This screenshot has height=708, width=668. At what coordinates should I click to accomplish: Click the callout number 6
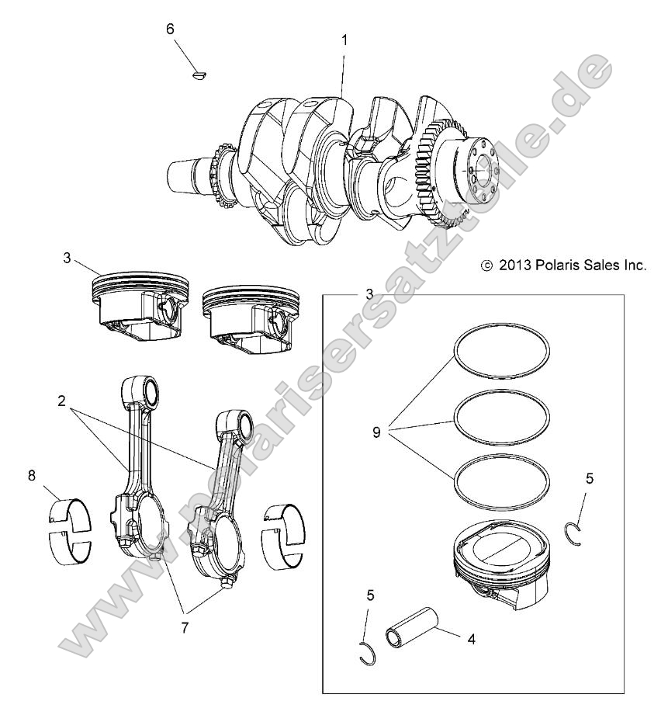point(170,29)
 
